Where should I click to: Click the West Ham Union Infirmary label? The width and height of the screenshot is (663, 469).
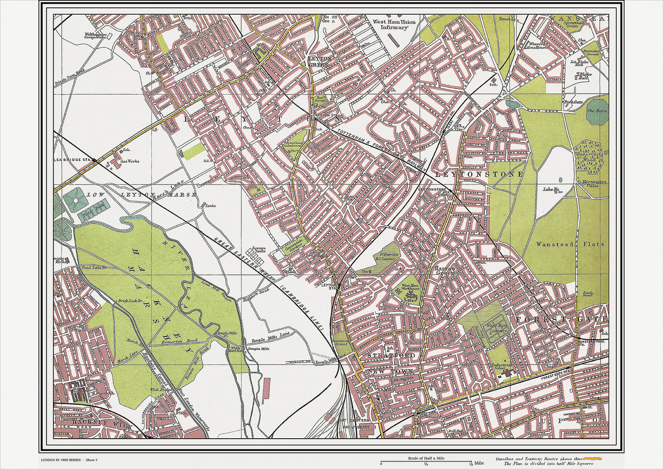pyautogui.click(x=394, y=24)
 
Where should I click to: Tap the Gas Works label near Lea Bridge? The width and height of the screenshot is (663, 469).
pyautogui.click(x=129, y=162)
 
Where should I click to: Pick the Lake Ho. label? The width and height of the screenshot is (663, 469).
pyautogui.click(x=551, y=189)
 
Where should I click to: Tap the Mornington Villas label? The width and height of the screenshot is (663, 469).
pyautogui.click(x=594, y=184)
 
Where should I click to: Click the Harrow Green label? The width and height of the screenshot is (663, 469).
pyautogui.click(x=445, y=270)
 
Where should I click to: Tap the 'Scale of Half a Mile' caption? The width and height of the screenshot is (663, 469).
pyautogui.click(x=426, y=458)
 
